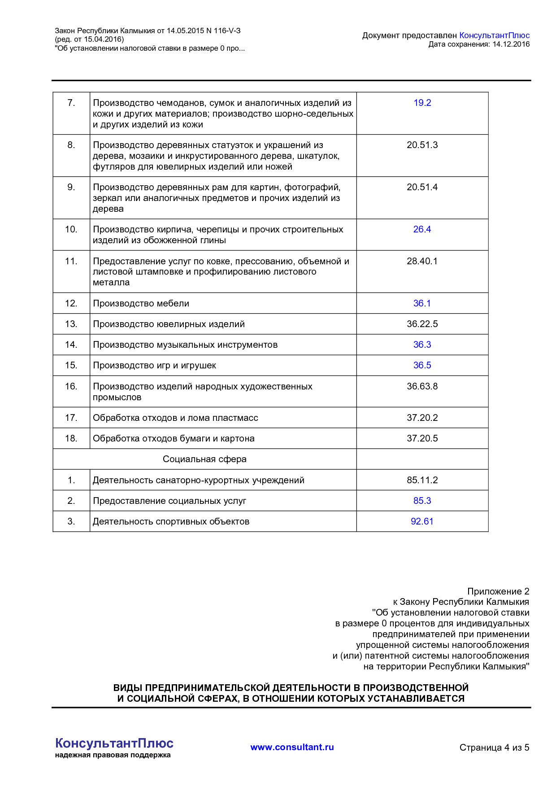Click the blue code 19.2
click(422, 103)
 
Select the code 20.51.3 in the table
click(422, 145)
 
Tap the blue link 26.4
click(422, 229)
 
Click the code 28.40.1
click(422, 261)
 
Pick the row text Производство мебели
click(141, 303)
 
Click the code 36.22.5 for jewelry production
click(422, 324)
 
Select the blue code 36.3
click(422, 345)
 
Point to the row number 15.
click(71, 365)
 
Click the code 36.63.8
click(422, 386)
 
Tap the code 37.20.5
click(422, 438)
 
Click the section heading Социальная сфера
click(204, 459)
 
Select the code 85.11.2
click(422, 480)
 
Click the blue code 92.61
click(422, 521)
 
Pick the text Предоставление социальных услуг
click(169, 501)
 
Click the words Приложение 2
click(498, 591)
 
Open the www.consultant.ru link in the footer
click(292, 747)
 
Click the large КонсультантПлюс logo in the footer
click(114, 743)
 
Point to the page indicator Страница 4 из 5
click(494, 748)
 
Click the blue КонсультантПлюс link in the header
click(494, 35)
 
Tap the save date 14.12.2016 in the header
click(511, 44)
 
